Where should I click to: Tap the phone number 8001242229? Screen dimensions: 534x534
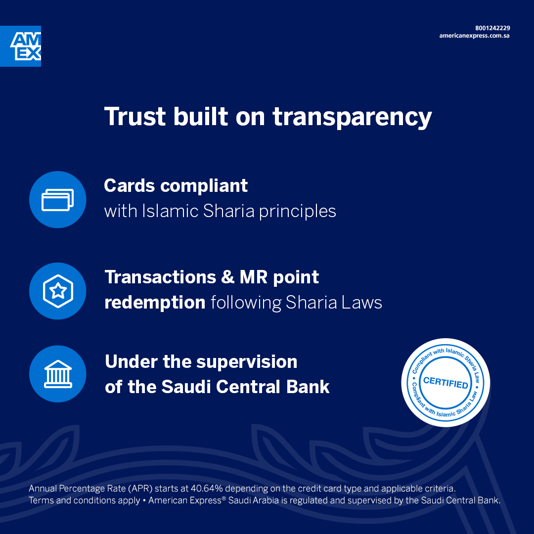point(492,28)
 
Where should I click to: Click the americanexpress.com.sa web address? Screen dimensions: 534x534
point(474,36)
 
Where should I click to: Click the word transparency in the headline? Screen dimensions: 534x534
point(352,118)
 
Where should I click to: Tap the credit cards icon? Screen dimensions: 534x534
point(57,199)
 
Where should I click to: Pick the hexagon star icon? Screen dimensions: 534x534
point(57,291)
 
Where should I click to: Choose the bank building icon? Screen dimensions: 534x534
point(57,374)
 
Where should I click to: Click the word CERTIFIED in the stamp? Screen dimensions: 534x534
point(445,383)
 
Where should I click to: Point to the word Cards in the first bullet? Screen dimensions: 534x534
point(130,186)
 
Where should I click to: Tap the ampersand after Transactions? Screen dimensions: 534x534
point(227,277)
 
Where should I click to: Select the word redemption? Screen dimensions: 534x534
point(155,303)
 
